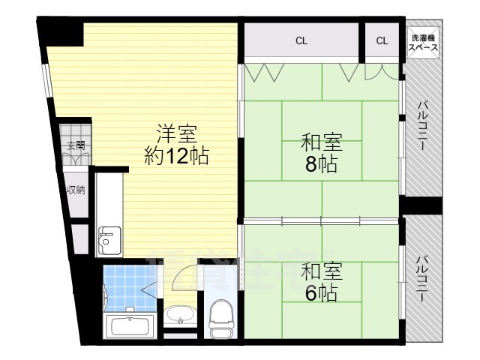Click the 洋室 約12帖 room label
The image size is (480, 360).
175,145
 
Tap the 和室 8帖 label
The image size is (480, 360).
322,153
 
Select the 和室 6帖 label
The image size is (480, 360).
321,281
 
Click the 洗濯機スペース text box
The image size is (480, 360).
423,41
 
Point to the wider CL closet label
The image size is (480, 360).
301,41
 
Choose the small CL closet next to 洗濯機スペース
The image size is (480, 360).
382,41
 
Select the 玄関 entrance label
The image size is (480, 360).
76,145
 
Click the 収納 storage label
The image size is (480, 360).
76,190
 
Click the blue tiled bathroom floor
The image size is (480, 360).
126,289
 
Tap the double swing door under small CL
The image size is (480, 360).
382,71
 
